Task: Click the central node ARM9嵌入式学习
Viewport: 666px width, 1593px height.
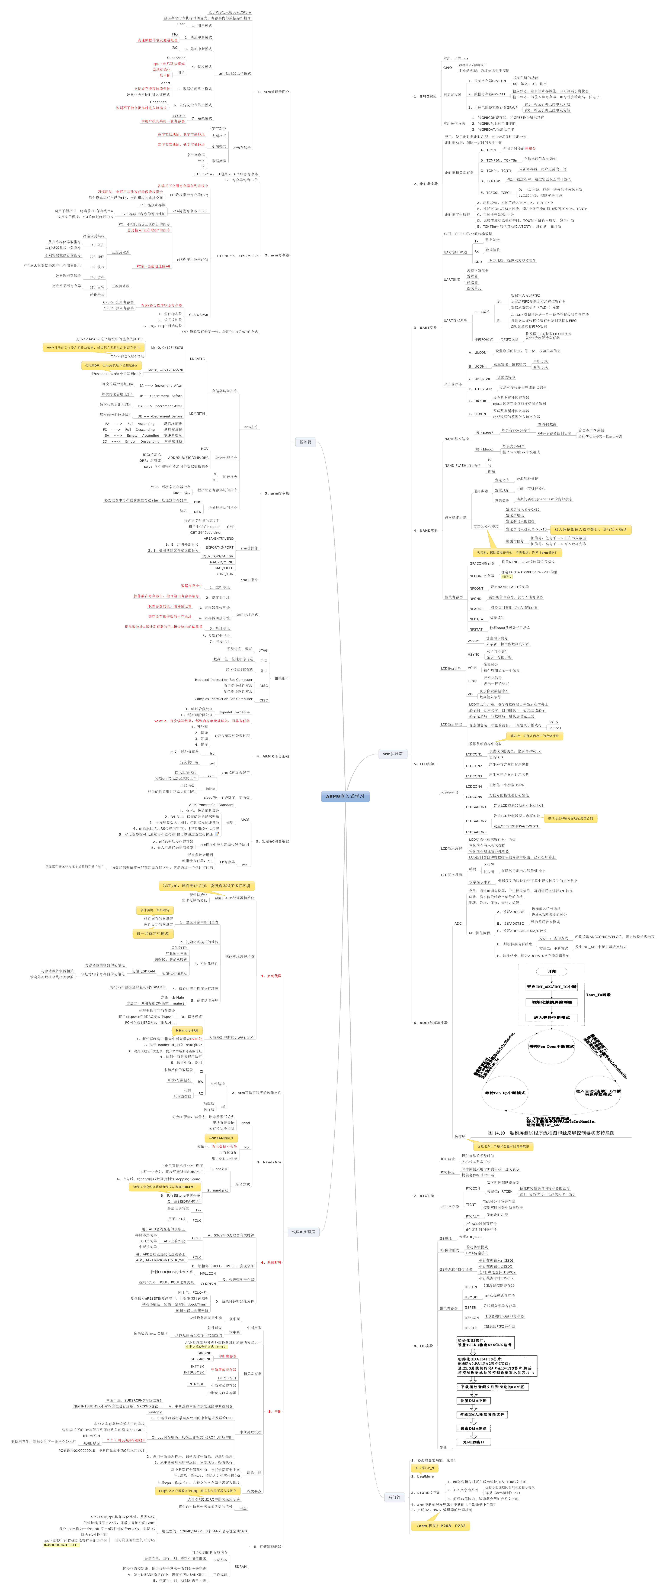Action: [345, 796]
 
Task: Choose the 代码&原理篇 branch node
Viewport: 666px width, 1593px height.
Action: [303, 1231]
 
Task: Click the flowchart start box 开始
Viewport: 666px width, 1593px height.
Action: [552, 971]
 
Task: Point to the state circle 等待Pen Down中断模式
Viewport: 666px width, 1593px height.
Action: [552, 1046]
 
